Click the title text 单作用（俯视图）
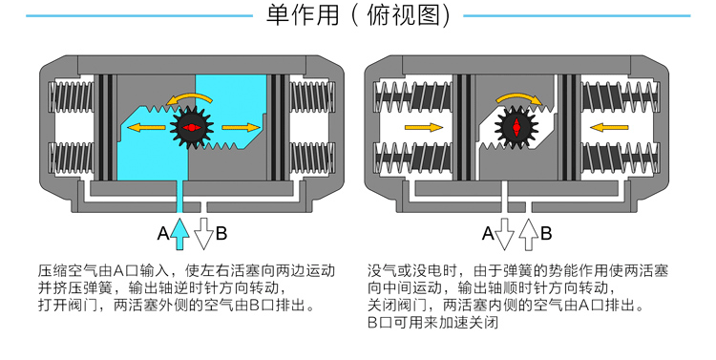click(358, 16)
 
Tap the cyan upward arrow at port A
click(181, 231)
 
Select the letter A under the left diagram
click(162, 232)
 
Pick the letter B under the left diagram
click(221, 232)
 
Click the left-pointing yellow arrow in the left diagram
click(146, 127)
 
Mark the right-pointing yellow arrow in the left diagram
click(241, 127)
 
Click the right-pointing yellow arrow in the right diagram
click(423, 127)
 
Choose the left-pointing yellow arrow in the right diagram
click(608, 127)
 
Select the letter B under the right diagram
click(546, 232)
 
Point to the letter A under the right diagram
click(488, 232)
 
